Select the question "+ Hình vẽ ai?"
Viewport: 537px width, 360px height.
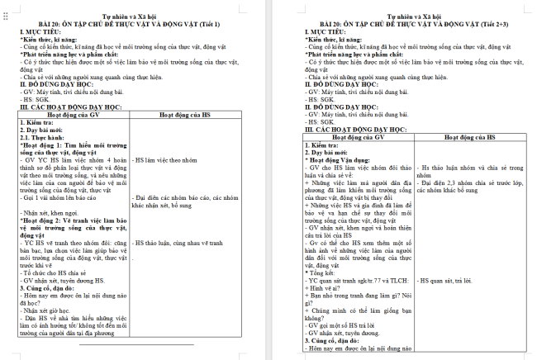click(328, 287)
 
